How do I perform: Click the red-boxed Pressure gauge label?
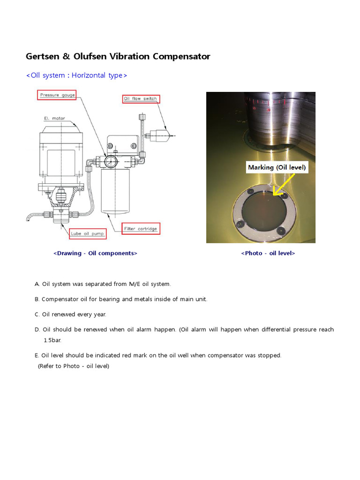pos(56,95)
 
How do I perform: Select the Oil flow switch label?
pos(141,98)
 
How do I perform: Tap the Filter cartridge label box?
pos(141,229)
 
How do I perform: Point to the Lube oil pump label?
pos(88,233)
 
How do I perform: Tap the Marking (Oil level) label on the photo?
pos(277,167)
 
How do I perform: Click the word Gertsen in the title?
pos(42,57)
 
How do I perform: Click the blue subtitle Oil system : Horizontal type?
pos(76,75)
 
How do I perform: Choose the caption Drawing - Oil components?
pos(95,253)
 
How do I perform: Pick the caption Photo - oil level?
pos(268,253)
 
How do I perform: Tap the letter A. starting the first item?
pos(37,284)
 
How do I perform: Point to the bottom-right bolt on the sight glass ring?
pos(281,230)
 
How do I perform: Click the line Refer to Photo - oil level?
pos(74,366)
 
